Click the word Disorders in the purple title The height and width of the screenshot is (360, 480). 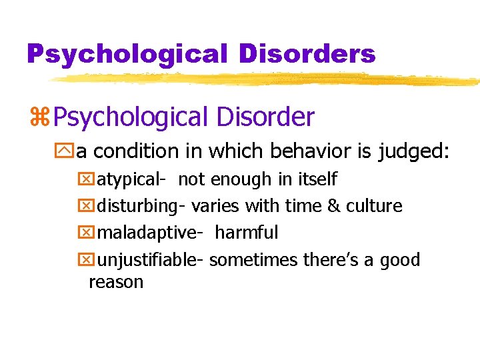(x=308, y=53)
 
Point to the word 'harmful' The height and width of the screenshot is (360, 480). (x=247, y=233)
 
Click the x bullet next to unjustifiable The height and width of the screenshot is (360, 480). (x=88, y=260)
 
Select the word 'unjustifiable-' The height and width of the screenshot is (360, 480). (x=151, y=260)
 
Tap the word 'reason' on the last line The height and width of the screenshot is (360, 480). (x=116, y=282)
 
